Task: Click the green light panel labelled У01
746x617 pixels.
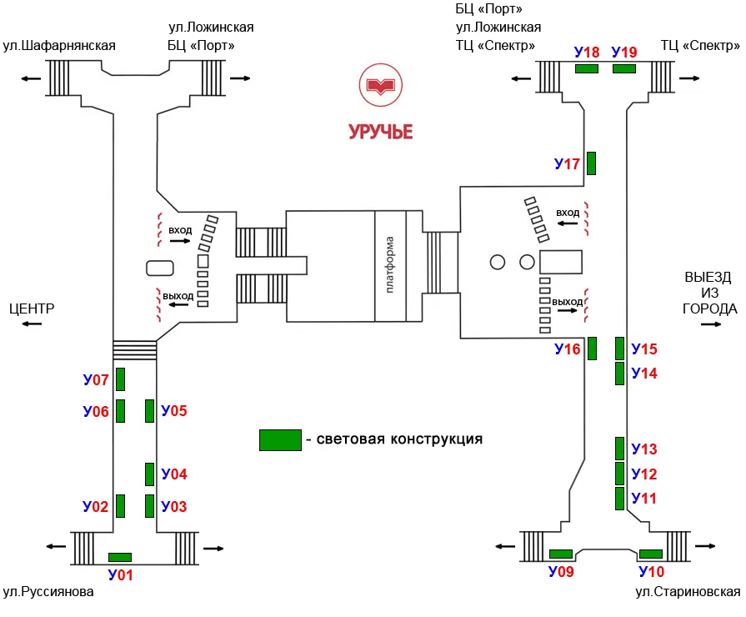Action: click(120, 557)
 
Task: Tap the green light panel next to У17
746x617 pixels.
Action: click(591, 163)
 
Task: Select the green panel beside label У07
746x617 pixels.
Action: click(120, 379)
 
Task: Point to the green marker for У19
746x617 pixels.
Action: click(624, 69)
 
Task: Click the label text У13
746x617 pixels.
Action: click(644, 449)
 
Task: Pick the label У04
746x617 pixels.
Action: click(174, 474)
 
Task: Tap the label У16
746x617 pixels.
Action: click(568, 349)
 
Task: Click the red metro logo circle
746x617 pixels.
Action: click(381, 86)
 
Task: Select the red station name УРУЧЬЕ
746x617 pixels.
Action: click(381, 132)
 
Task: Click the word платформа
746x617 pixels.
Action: click(389, 264)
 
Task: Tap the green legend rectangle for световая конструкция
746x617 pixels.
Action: click(280, 440)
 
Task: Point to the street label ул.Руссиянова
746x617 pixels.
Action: click(48, 592)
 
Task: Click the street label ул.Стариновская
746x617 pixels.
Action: click(688, 592)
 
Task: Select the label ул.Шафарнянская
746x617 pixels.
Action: click(59, 46)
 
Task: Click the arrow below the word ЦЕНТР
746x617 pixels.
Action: click(32, 324)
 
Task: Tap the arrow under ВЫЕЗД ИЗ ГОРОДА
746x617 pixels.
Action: click(711, 324)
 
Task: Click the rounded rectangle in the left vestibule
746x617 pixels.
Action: click(160, 268)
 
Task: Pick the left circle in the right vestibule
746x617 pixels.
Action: click(497, 262)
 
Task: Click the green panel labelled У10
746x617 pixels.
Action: click(651, 554)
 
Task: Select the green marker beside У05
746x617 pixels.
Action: click(149, 411)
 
